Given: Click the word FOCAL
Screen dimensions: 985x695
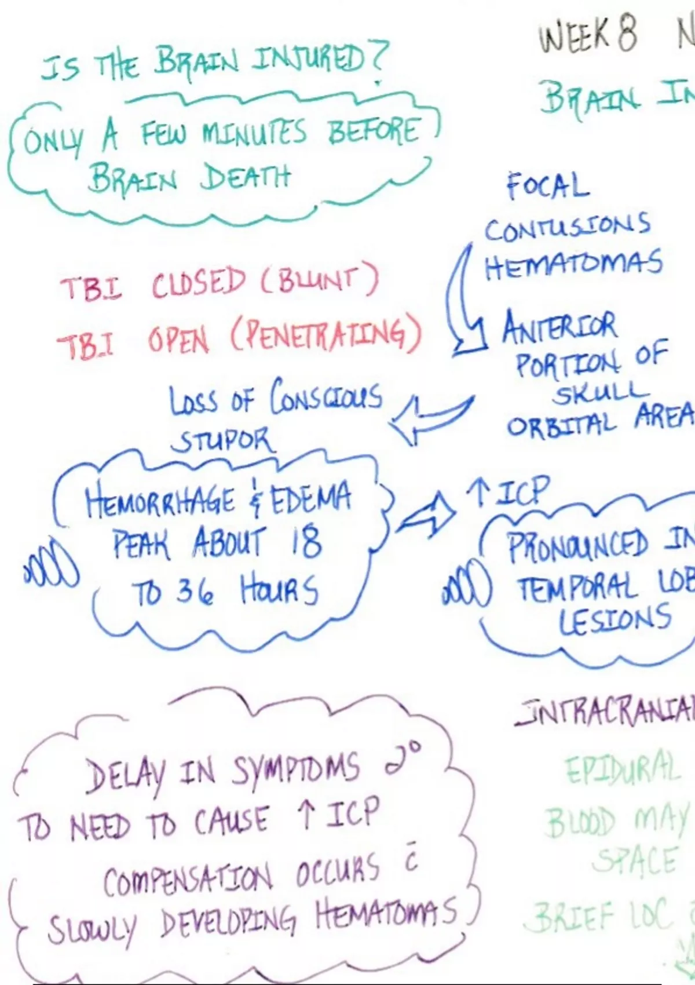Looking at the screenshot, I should tap(547, 186).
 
